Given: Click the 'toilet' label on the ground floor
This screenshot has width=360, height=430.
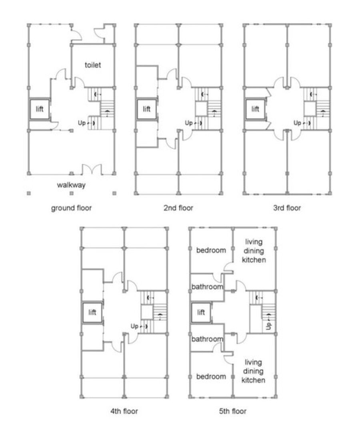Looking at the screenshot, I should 93,65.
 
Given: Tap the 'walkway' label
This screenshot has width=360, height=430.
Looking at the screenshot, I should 71,185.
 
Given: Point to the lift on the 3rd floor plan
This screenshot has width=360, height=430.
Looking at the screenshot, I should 255,109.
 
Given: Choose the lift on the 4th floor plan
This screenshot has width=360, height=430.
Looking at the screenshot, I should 92,313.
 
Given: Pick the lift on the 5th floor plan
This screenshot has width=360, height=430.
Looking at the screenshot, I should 201,312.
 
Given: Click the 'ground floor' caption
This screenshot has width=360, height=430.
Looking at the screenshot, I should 71,208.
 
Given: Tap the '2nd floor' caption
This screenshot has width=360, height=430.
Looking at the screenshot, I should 178,208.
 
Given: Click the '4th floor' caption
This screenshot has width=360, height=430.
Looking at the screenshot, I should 124,411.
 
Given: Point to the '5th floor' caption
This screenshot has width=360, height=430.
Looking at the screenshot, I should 232,411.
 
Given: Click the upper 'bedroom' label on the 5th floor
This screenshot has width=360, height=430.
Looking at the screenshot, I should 211,251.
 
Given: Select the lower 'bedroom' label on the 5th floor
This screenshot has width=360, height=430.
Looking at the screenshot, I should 211,376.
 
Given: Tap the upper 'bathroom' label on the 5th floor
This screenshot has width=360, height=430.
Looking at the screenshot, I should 207,287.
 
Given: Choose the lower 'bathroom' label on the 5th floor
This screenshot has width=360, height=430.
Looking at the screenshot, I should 207,339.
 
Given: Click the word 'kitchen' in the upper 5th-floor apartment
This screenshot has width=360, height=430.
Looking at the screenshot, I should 253,260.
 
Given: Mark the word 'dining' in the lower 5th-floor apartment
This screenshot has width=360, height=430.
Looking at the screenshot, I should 253,371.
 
